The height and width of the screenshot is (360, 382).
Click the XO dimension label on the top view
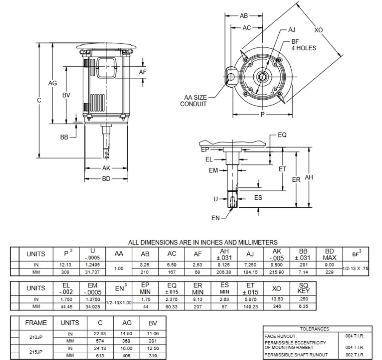coord(318,30)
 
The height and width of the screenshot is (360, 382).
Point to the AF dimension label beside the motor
coord(143,72)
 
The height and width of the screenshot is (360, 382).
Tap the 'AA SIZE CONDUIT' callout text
coord(193,101)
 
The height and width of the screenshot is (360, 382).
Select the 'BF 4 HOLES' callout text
coord(304,45)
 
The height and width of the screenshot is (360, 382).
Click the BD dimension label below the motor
coord(106,179)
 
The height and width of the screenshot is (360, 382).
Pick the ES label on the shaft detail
coord(258,198)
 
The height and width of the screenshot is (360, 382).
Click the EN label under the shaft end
coord(215,218)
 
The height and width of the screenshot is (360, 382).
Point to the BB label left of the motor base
coord(64,137)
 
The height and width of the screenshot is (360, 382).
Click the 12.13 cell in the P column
coord(65,265)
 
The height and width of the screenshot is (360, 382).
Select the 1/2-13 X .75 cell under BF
coord(355,268)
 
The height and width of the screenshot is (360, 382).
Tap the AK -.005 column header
coord(277,254)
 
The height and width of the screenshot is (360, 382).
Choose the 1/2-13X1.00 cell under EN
coord(119,302)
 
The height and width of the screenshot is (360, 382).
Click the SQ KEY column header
coord(303,288)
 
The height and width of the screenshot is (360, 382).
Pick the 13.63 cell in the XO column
coord(277,299)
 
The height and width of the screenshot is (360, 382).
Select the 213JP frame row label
coord(36,337)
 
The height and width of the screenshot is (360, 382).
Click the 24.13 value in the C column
coord(100,348)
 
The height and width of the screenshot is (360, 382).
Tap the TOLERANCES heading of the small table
coord(315,329)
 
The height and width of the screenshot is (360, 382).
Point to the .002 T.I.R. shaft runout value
coord(354,355)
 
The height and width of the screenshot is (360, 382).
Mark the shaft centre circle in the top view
coord(262,77)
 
